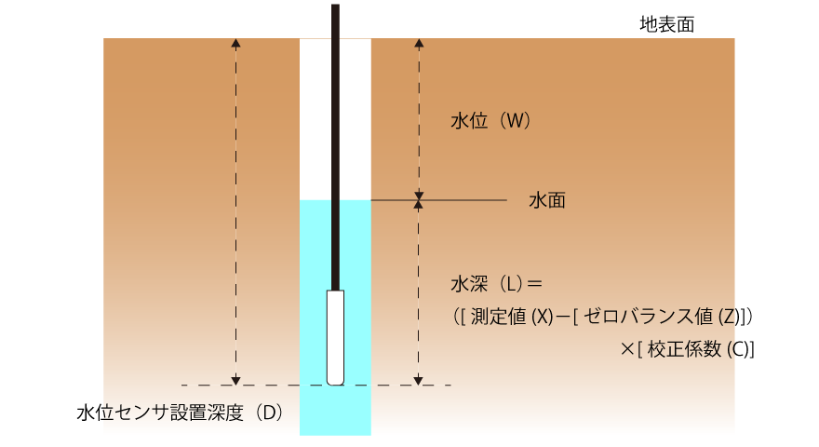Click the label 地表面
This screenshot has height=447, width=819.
(x=667, y=24)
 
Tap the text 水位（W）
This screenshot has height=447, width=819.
(x=490, y=121)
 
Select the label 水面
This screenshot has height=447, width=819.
(x=547, y=200)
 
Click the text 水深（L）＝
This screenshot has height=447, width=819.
(x=496, y=284)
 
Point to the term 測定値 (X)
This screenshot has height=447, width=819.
(x=511, y=317)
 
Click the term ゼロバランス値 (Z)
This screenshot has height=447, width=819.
(x=662, y=317)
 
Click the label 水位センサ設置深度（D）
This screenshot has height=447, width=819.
(x=181, y=413)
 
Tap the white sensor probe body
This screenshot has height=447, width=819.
(x=335, y=337)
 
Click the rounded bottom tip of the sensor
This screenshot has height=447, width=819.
(x=335, y=383)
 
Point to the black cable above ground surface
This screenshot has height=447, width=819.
(x=335, y=20)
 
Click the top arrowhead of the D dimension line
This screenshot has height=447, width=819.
(x=236, y=42)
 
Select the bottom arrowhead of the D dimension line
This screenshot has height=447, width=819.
(x=236, y=381)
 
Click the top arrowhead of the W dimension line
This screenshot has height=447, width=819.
(x=419, y=42)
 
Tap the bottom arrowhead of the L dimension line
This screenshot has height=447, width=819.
(x=419, y=381)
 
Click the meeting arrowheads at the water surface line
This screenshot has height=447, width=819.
(x=419, y=200)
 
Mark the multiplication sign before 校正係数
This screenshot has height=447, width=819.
(x=627, y=349)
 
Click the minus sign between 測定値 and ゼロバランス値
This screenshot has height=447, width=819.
(x=562, y=317)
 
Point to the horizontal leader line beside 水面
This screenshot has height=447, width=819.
(x=438, y=200)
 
